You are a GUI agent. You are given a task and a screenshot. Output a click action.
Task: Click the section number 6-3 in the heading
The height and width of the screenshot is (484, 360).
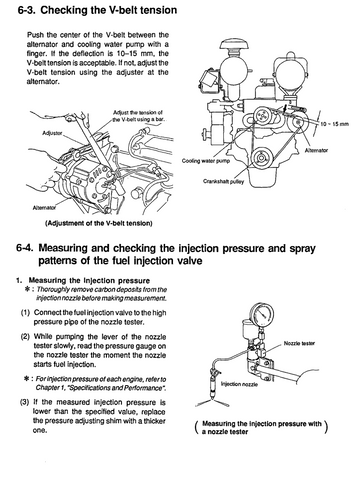click(x=27, y=10)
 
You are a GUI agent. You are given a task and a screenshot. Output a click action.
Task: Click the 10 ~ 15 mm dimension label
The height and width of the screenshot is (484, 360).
click(x=334, y=124)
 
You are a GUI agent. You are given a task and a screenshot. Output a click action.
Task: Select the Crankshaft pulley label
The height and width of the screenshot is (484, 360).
click(x=223, y=182)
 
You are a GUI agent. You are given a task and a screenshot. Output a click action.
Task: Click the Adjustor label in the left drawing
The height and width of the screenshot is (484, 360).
click(x=52, y=133)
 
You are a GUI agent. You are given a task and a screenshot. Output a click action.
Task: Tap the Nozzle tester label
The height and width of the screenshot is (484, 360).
click(x=299, y=343)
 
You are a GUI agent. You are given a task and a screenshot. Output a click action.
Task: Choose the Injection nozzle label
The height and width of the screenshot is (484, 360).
click(x=239, y=384)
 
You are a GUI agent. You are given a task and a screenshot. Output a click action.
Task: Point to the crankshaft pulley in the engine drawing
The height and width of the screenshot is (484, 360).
click(x=261, y=157)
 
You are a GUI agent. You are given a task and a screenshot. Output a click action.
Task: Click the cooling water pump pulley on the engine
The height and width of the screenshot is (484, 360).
click(x=261, y=116)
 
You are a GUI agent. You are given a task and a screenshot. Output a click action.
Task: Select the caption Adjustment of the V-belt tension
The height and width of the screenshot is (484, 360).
click(x=99, y=223)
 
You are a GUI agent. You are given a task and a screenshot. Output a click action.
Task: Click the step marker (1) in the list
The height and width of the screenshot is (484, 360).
click(x=25, y=313)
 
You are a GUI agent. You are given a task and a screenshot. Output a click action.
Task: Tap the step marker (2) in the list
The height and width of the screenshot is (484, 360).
click(x=25, y=337)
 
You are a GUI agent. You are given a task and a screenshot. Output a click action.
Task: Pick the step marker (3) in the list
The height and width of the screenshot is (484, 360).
click(x=25, y=402)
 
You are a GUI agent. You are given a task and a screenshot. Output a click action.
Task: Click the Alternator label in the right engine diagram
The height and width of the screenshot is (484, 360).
click(x=317, y=150)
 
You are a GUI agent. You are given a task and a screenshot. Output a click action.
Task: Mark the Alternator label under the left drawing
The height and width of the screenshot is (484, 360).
click(x=44, y=208)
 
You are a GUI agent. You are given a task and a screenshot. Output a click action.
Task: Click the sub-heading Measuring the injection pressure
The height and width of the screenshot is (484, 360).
click(x=89, y=281)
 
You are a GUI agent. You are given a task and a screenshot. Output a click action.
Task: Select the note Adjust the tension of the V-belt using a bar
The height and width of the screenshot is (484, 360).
click(x=138, y=116)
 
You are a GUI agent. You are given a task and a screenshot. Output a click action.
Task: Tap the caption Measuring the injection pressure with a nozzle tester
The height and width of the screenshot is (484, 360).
click(x=262, y=428)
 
